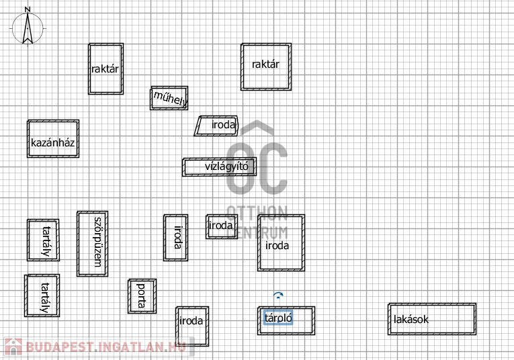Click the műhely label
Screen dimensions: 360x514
click(170, 99)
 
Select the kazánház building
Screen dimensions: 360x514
click(53, 139)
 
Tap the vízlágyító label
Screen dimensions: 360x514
click(226, 167)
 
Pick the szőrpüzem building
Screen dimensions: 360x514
click(92, 243)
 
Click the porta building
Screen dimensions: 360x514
click(142, 296)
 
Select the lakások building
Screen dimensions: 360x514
click(432, 318)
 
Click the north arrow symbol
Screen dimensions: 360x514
click(28, 29)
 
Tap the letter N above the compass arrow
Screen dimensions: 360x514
click(27, 9)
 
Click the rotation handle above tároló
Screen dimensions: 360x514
click(279, 295)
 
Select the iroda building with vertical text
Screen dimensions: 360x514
click(176, 237)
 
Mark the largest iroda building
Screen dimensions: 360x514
click(281, 242)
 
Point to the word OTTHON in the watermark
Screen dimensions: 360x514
click(257, 214)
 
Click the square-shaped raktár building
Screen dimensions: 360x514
click(266, 66)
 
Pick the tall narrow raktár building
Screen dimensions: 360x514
click(105, 69)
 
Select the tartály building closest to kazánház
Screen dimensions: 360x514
click(43, 240)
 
